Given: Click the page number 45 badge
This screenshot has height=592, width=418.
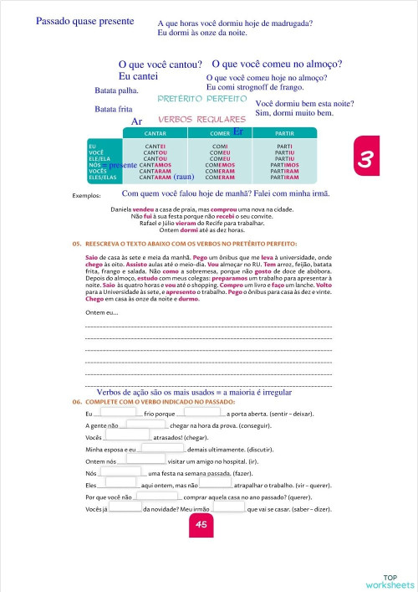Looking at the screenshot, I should pos(201,524).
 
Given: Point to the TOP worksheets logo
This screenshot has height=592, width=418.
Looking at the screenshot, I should pos(390,580).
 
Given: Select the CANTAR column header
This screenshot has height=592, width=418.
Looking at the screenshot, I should pos(155,133).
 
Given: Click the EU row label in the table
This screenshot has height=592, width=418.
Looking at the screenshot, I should pos(92,146).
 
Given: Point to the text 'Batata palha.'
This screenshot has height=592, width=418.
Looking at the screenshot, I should pos(117,90).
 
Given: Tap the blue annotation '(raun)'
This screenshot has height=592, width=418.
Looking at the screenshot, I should pos(184,178).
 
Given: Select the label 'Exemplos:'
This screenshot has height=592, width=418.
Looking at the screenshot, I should pos(87,195).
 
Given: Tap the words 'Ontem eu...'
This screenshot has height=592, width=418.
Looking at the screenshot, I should pos(102,313).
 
